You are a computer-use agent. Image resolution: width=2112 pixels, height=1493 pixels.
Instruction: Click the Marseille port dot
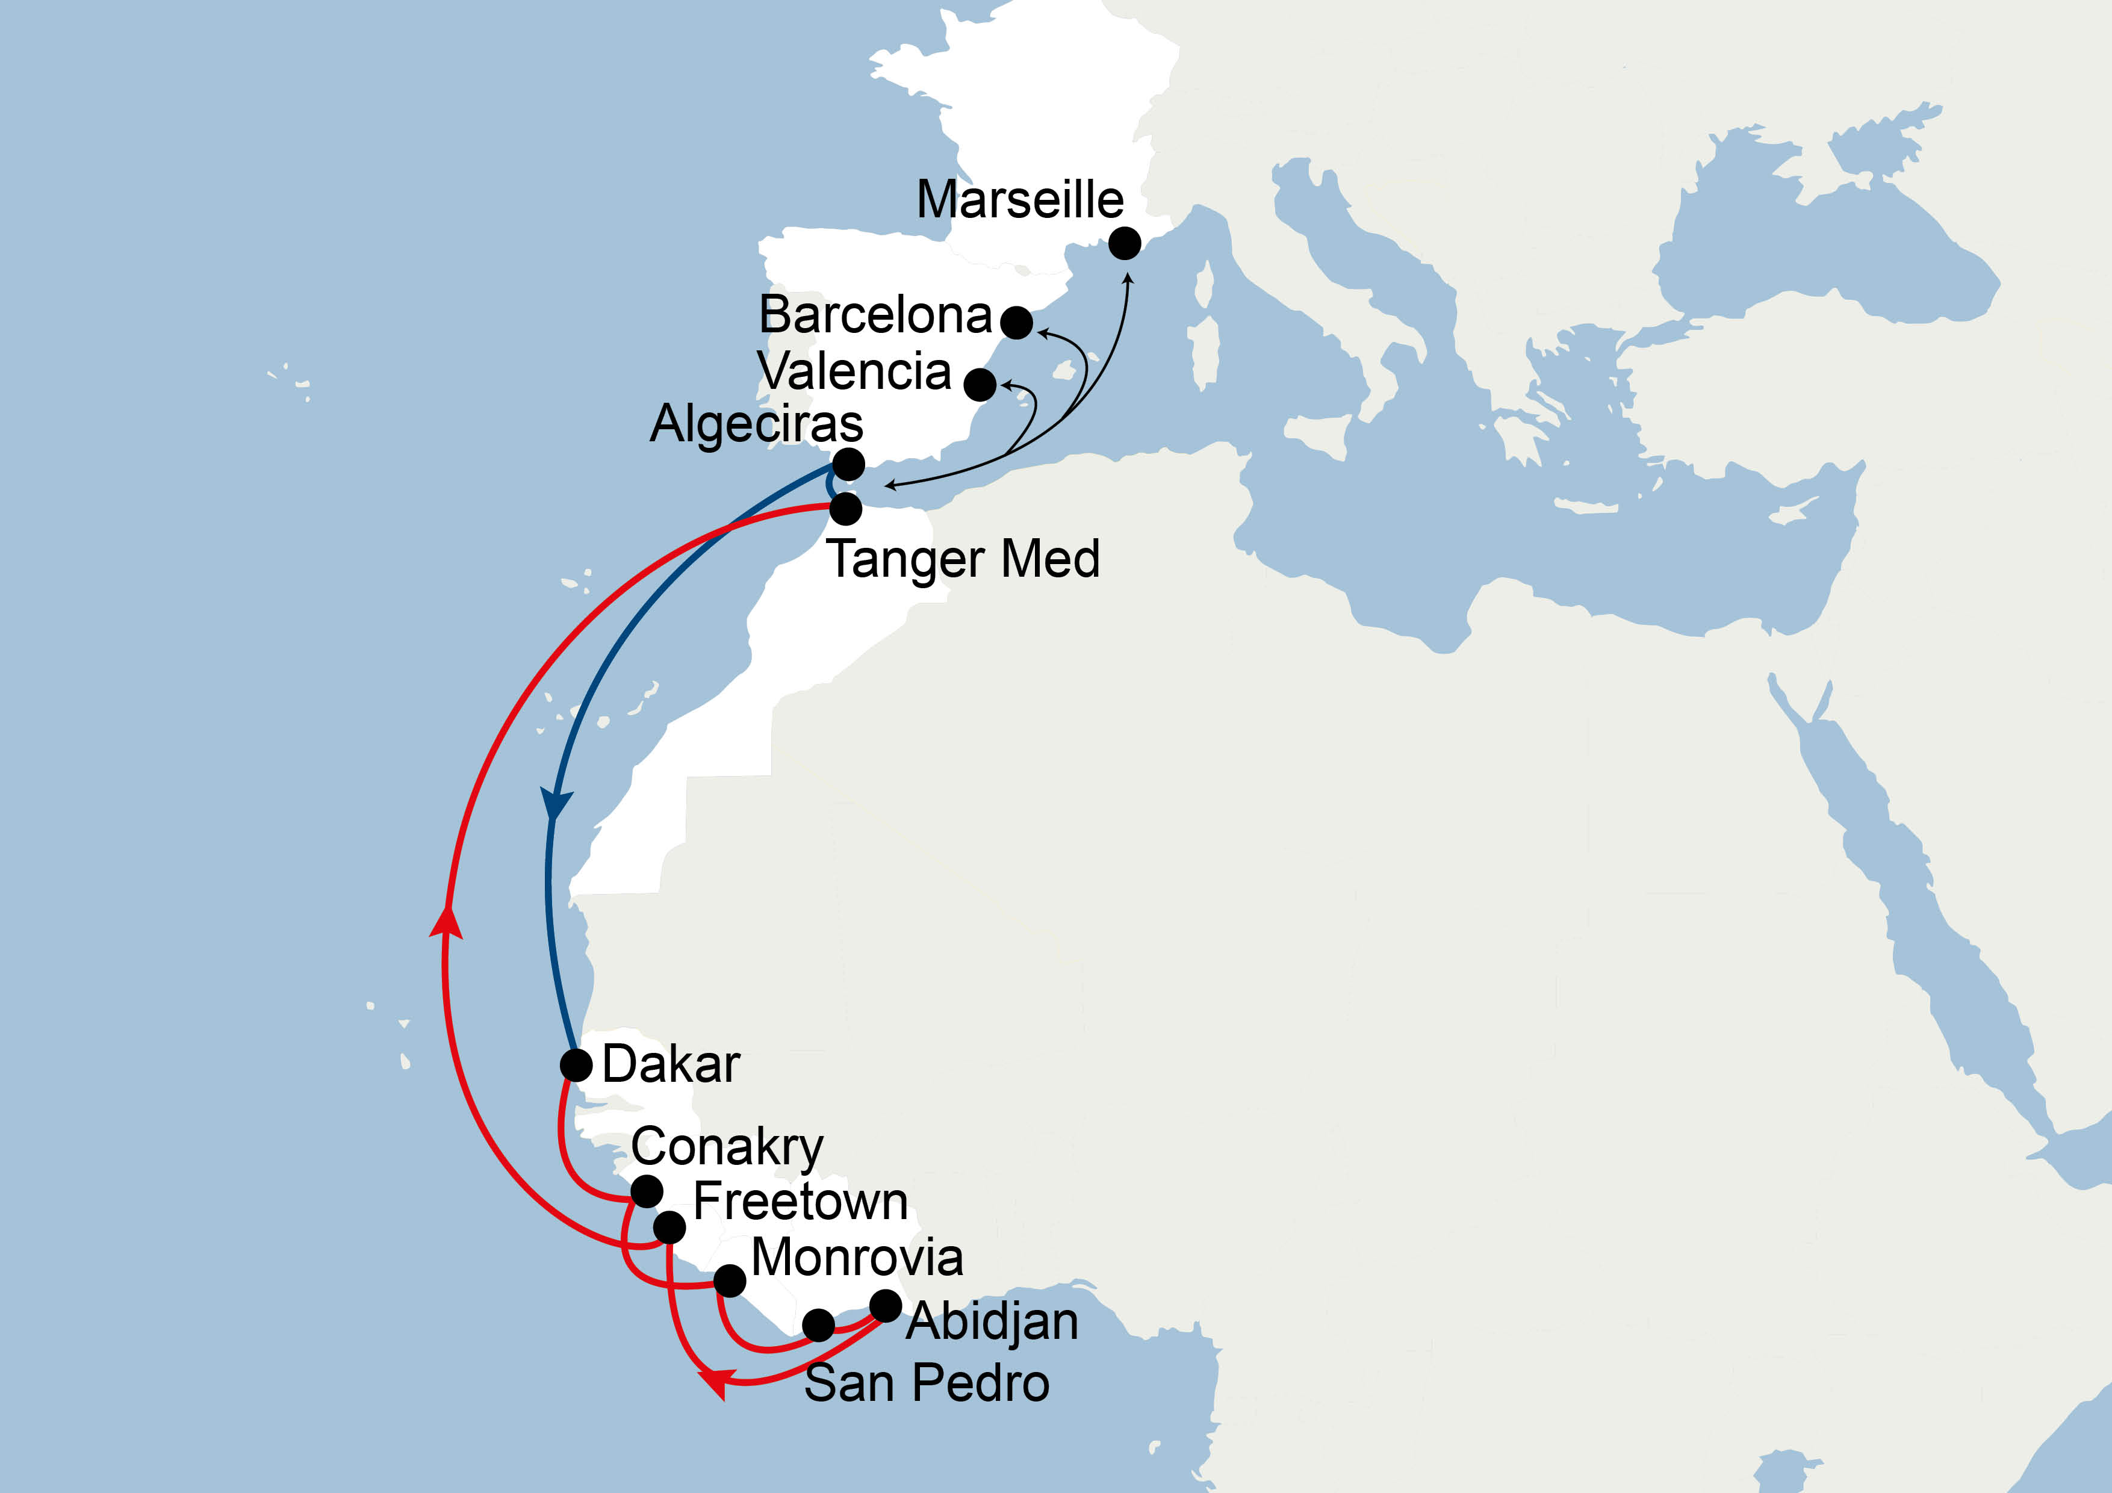(1124, 244)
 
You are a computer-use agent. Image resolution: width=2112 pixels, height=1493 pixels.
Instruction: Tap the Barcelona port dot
(1016, 323)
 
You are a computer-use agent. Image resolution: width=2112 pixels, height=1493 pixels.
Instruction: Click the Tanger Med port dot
(845, 507)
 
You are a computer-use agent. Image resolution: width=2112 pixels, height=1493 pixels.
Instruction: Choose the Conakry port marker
(647, 1190)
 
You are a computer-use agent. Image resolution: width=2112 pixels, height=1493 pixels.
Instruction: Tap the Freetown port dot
(669, 1226)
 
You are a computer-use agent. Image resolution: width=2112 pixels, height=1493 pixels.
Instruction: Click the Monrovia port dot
(730, 1279)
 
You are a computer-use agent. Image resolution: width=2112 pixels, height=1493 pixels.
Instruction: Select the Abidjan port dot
(886, 1305)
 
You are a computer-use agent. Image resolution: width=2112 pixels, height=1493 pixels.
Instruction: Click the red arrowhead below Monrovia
(715, 1380)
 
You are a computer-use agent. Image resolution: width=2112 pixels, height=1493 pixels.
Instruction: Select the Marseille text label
(1020, 200)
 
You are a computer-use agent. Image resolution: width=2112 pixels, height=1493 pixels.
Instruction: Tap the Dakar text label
(671, 1064)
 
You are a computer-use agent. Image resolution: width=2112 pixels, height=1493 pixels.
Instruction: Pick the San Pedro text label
(927, 1383)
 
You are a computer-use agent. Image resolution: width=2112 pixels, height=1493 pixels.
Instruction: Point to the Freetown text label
(800, 1202)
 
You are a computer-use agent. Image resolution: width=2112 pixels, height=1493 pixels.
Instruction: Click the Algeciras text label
(756, 424)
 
